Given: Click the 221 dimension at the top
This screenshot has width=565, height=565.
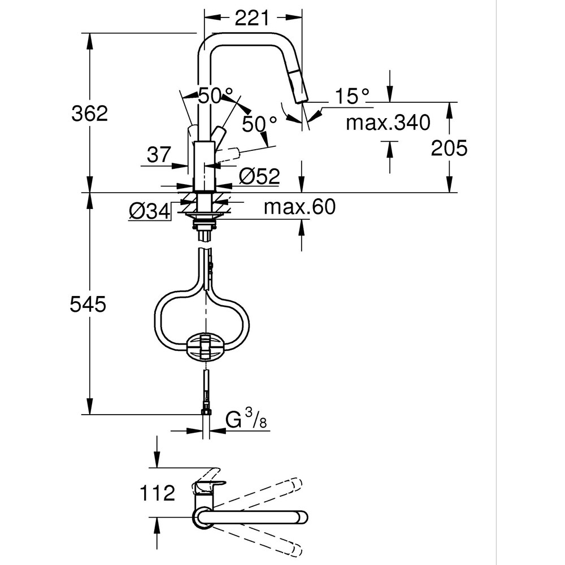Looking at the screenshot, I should (251, 19).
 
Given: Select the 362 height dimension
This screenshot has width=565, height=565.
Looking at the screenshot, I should (89, 114).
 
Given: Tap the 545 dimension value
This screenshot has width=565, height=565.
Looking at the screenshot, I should (88, 305).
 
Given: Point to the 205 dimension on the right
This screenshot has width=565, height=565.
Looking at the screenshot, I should (449, 148).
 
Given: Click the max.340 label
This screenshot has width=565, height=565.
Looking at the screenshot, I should (388, 122).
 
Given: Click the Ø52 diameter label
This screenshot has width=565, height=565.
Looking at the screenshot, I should (259, 177).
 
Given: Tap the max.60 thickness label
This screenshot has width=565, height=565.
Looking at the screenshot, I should (299, 207).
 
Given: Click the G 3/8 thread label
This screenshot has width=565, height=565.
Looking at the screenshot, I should (246, 420).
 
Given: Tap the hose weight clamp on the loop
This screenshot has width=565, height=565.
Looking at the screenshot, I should (206, 345).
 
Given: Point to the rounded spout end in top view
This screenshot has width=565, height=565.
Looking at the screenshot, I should (303, 517).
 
